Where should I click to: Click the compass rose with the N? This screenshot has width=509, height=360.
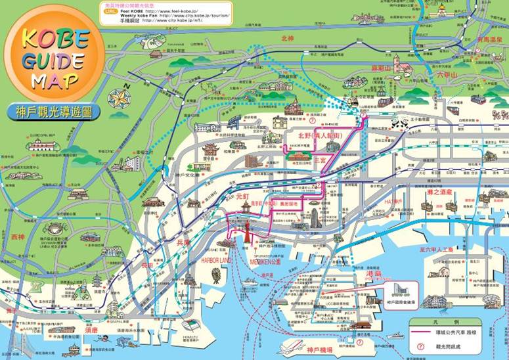click(x=120, y=99)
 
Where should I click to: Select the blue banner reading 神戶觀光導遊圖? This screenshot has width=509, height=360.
click(x=55, y=112)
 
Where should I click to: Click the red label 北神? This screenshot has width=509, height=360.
click(x=287, y=38)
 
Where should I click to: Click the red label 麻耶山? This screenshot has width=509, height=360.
click(x=380, y=68)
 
